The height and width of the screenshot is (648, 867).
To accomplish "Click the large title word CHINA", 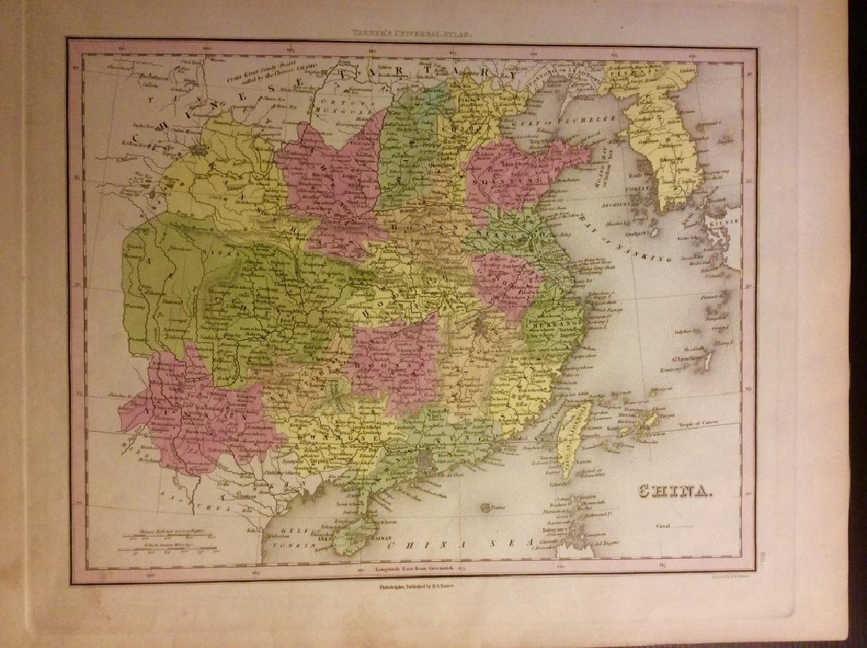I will click(x=675, y=493).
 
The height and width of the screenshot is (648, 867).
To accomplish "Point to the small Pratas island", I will click(x=485, y=508).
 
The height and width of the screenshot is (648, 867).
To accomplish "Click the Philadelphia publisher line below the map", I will click(x=411, y=587).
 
